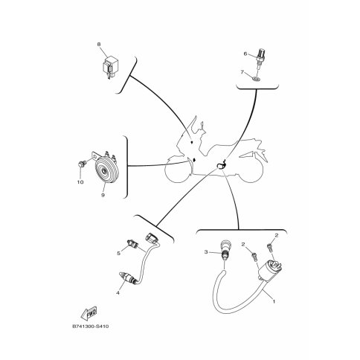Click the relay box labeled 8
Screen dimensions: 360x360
pyautogui.click(x=109, y=67)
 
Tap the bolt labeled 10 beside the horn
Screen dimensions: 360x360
pyautogui.click(x=82, y=164)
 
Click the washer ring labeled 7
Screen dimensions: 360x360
pyautogui.click(x=257, y=79)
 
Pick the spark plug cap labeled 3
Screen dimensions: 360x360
pyautogui.click(x=225, y=251)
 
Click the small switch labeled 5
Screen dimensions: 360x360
pyautogui.click(x=132, y=243)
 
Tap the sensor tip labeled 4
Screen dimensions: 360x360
pyautogui.click(x=126, y=278)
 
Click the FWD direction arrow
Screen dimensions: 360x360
pyautogui.click(x=89, y=313)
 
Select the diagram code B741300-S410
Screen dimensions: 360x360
pyautogui.click(x=91, y=327)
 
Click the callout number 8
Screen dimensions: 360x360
pyautogui.click(x=99, y=45)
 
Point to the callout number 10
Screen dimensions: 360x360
pyautogui.click(x=80, y=182)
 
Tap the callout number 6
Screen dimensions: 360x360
pyautogui.click(x=245, y=54)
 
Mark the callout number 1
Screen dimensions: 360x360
pyautogui.click(x=274, y=302)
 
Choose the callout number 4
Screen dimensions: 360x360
pyautogui.click(x=118, y=293)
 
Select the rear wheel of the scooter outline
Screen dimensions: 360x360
pyautogui.click(x=251, y=173)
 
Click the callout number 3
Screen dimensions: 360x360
pyautogui.click(x=206, y=252)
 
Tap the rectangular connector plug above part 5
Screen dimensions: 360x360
pyautogui.click(x=151, y=238)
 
